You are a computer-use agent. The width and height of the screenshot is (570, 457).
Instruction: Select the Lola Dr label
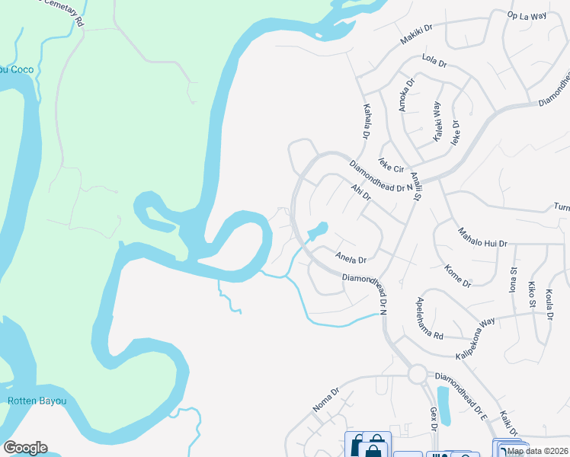[434, 61]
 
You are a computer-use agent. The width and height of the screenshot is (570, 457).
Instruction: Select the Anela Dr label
[351, 257]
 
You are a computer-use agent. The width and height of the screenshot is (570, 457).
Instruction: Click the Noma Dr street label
[325, 401]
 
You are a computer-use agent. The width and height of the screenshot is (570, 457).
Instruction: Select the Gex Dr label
[432, 418]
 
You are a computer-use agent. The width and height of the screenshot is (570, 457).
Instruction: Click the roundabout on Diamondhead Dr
[417, 374]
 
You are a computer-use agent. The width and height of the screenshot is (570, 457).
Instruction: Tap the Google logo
[25, 448]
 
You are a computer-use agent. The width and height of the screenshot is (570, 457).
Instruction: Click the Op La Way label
[528, 15]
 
